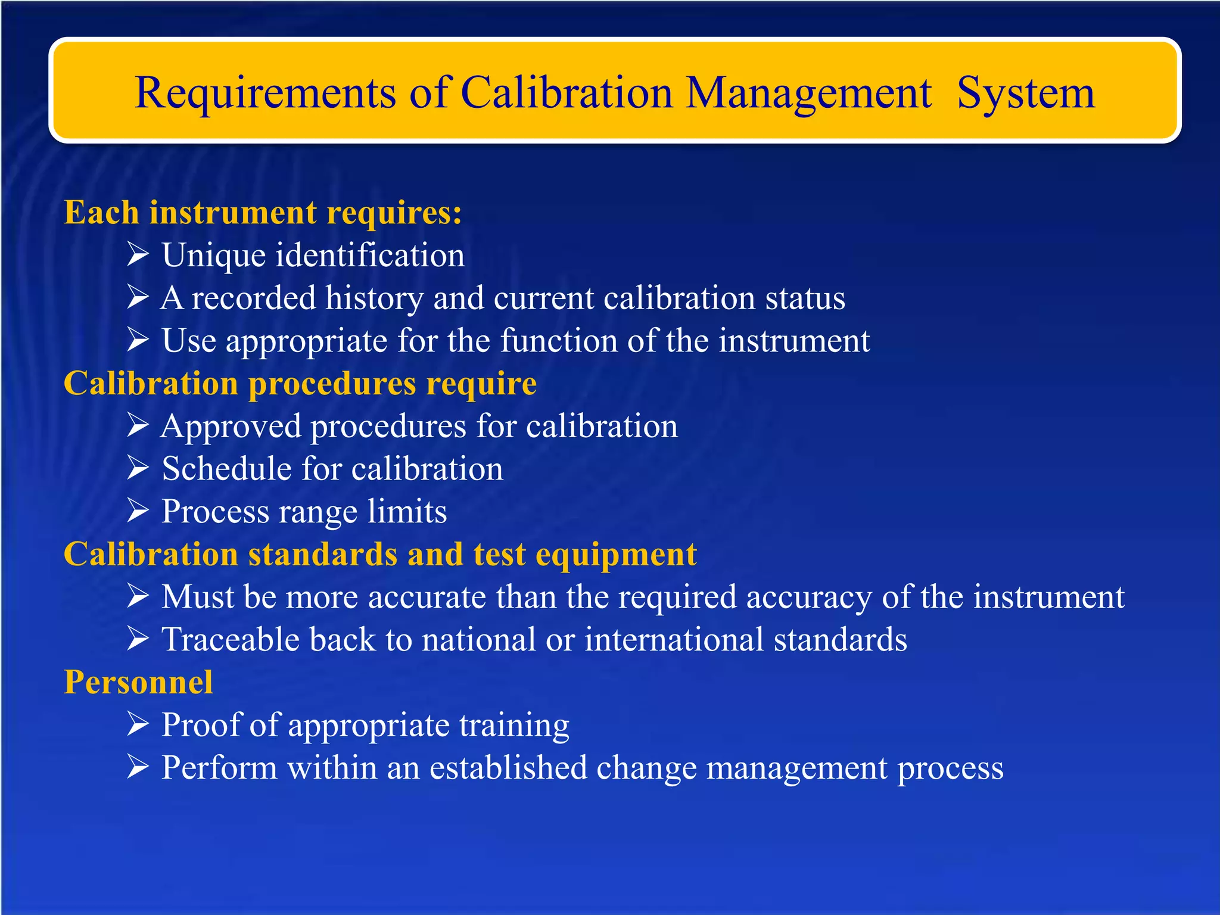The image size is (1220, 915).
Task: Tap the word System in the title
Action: [x=1025, y=94]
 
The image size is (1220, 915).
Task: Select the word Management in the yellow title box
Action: [x=808, y=94]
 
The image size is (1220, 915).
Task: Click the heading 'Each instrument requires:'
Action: [x=263, y=213]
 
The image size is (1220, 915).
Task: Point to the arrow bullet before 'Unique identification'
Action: [x=138, y=255]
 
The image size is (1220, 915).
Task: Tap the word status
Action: [x=805, y=298]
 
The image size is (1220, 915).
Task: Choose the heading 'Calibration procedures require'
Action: [x=300, y=383]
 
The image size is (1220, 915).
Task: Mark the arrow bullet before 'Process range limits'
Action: [x=138, y=511]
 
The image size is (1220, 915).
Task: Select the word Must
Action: [x=198, y=597]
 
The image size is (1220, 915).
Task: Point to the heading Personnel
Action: [x=138, y=683]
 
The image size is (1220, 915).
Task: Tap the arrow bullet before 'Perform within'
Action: [x=138, y=767]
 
